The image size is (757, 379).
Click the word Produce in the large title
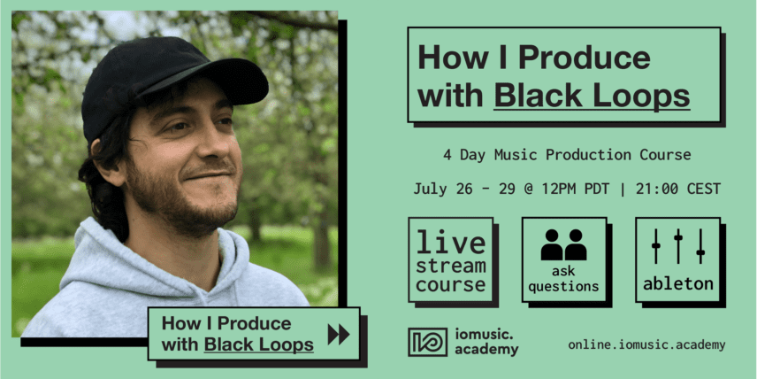pos(585,58)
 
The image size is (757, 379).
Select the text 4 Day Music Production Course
pos(567,155)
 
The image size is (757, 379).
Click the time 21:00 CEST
pos(677,189)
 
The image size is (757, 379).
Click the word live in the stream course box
pos(451,243)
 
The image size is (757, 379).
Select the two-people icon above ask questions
pos(563,244)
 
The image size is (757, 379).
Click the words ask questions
pos(563,280)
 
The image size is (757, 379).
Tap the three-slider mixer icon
pos(677,246)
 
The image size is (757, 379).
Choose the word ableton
pos(677,283)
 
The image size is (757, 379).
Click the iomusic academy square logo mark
pos(427,342)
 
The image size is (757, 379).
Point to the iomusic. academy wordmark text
pos(486,342)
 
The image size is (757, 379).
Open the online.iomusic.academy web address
pos(646,344)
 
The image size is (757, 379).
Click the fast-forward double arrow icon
pos(339,335)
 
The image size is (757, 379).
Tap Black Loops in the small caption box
pos(259,344)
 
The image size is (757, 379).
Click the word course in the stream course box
pos(451,285)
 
